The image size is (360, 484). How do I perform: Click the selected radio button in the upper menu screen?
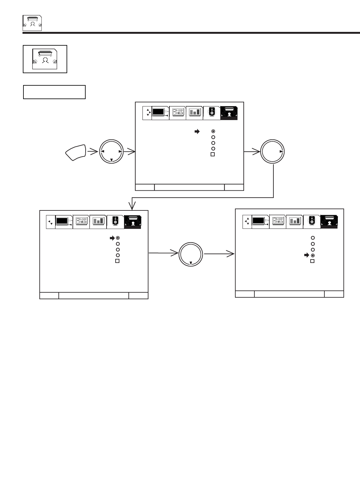(x=213, y=132)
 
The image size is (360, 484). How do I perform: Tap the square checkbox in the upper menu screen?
(x=213, y=154)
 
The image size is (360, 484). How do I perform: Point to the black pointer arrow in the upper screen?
(x=197, y=132)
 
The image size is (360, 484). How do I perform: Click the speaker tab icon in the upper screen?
(x=212, y=113)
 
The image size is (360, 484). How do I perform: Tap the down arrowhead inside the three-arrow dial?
(x=111, y=160)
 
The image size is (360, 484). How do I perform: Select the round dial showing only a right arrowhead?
(x=273, y=152)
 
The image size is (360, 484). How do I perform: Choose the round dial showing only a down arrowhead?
(x=191, y=254)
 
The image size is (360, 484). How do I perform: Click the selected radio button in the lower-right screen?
(x=312, y=255)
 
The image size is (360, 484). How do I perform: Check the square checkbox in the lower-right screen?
(x=312, y=261)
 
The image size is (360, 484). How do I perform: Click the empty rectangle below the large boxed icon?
(x=54, y=92)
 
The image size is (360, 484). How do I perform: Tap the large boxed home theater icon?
(x=45, y=59)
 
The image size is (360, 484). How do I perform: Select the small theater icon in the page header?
(x=32, y=23)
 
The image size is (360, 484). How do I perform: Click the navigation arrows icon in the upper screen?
(x=147, y=113)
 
